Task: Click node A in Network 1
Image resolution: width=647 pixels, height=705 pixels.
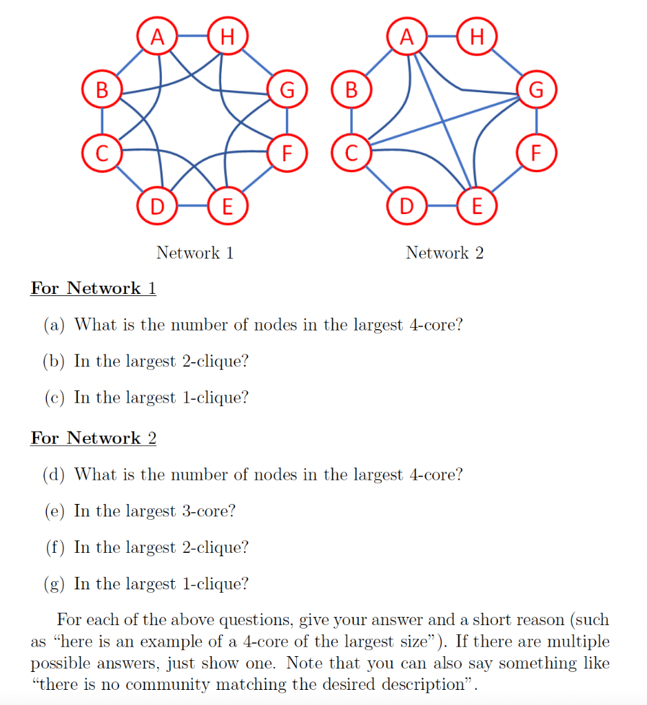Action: point(158,36)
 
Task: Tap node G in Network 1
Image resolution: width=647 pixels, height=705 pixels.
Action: point(287,90)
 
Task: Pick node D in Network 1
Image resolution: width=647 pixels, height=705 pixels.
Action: point(157,205)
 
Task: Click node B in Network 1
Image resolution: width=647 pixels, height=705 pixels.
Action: point(102,90)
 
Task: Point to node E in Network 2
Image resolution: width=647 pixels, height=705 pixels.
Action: point(476,205)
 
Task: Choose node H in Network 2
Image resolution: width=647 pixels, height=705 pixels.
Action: point(476,36)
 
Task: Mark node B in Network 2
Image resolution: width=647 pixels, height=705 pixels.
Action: point(351,90)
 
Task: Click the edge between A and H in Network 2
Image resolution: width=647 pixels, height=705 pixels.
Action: point(441,36)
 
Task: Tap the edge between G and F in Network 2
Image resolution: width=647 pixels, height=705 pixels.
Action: point(536,120)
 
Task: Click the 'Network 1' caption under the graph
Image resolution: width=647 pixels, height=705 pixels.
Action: point(195,253)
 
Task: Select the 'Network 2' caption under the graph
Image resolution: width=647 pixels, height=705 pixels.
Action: point(444,253)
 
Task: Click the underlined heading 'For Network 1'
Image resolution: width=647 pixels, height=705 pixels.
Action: point(93,288)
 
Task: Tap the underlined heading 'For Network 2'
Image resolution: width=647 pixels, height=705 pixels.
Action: point(93,438)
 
